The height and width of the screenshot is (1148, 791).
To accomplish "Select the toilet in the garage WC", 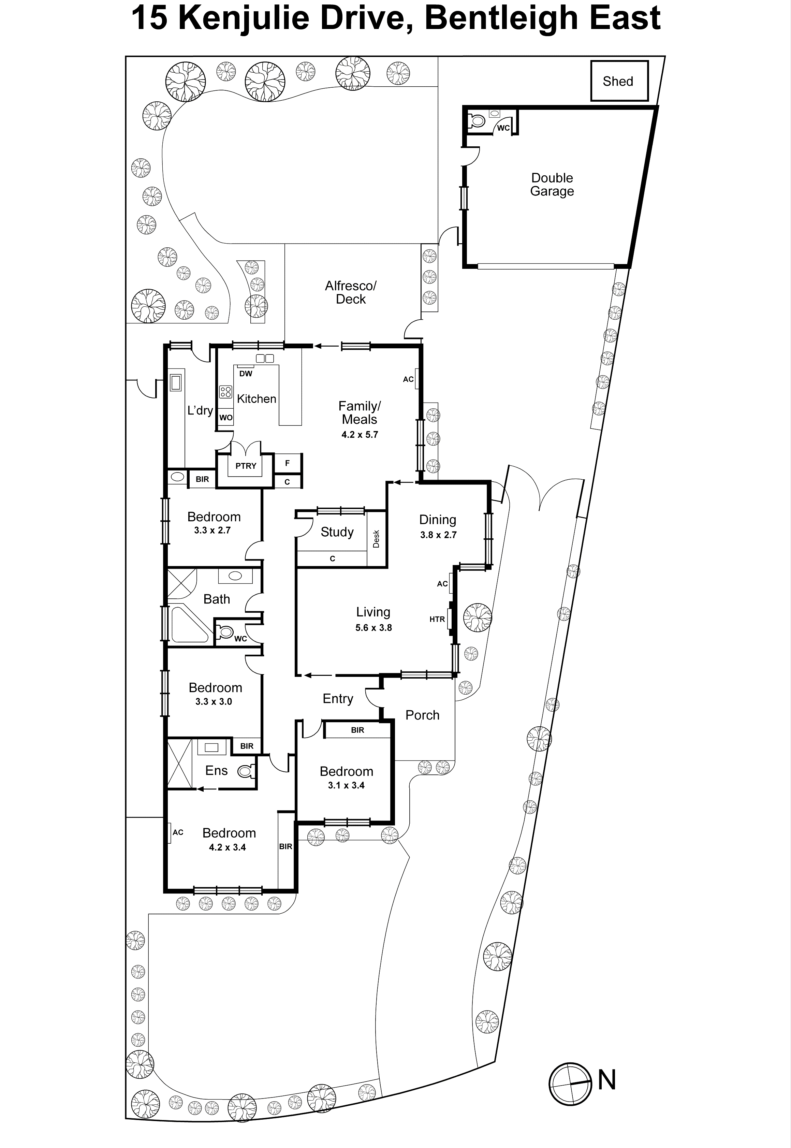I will [477, 120].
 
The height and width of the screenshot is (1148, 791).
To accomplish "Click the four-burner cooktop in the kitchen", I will [225, 392].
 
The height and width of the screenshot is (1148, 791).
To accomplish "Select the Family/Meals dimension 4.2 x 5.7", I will [359, 435].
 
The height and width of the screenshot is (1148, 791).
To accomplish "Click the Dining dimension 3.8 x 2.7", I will [438, 535].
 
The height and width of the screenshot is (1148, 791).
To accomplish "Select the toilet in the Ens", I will [245, 771].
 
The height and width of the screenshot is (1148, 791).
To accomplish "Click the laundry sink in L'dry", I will [175, 383].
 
